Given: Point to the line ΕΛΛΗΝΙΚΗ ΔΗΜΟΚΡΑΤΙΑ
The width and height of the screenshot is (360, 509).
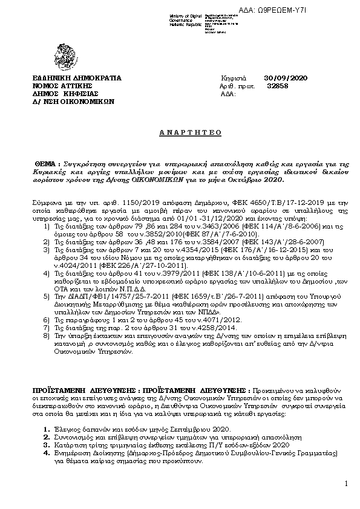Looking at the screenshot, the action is [77, 79].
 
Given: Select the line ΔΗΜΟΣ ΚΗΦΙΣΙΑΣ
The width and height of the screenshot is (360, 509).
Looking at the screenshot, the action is [64, 94].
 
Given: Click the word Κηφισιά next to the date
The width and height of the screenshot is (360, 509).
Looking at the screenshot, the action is [232, 79].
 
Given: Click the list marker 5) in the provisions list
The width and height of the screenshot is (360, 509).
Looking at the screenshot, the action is [47, 297].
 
